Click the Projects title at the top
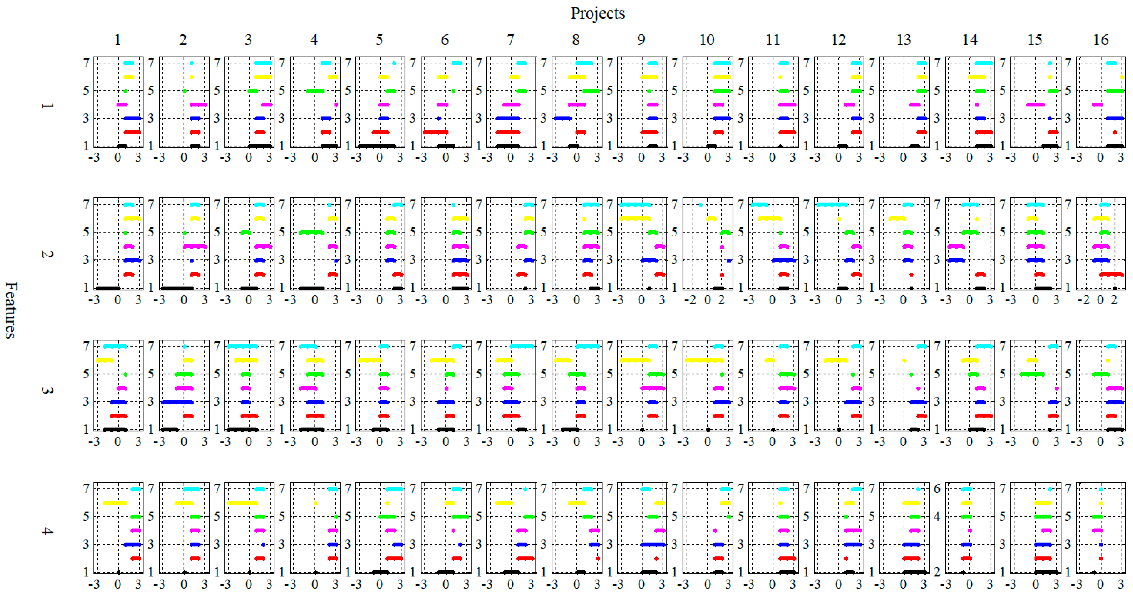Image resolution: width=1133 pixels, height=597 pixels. (x=597, y=13)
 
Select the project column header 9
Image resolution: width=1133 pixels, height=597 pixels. (x=641, y=40)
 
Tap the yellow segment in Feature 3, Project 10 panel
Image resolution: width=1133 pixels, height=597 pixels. (x=704, y=360)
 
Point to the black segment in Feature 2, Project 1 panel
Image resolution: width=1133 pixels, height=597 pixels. (x=108, y=288)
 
